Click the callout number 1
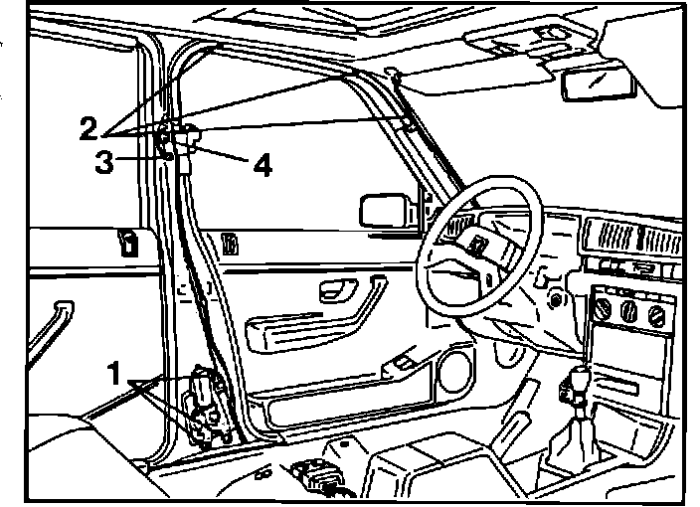pos(115,374)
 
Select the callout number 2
pos(89,127)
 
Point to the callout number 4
pos(262,164)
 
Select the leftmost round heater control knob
pos(603,311)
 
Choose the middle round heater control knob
pos(628,314)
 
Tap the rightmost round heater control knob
pos(654,317)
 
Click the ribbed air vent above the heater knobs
pos(633,238)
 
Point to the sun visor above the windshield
pos(522,46)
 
